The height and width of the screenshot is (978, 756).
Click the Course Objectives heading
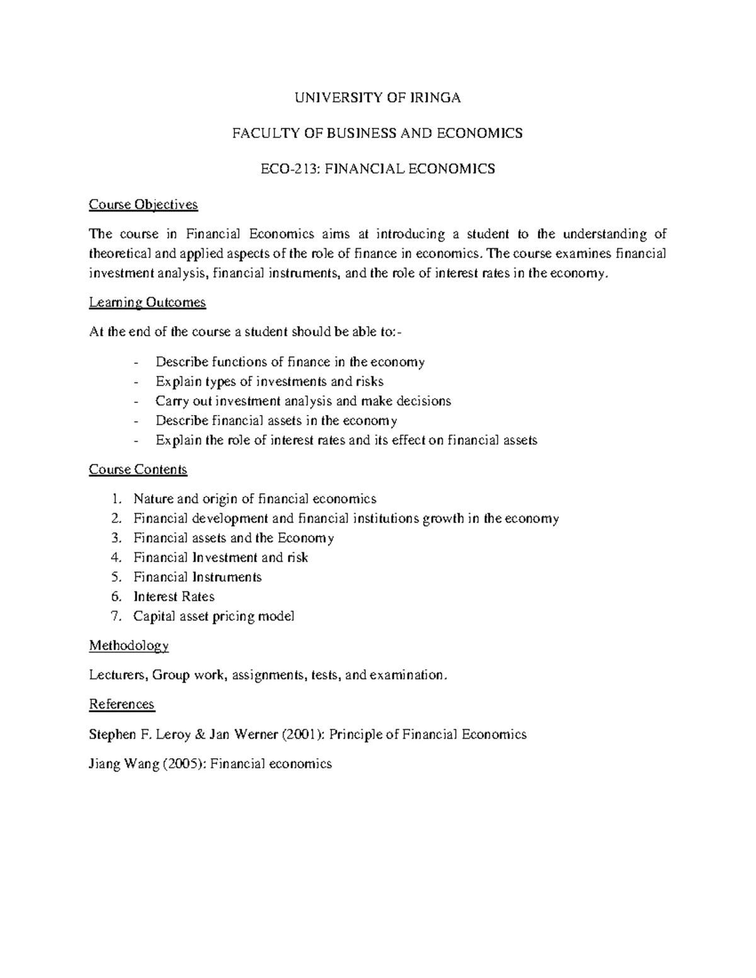pyautogui.click(x=143, y=205)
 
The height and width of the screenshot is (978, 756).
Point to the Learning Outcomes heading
pyautogui.click(x=147, y=303)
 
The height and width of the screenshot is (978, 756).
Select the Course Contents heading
pyautogui.click(x=138, y=470)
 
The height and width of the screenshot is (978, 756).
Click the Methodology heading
pyautogui.click(x=129, y=645)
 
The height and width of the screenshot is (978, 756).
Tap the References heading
pyautogui.click(x=122, y=704)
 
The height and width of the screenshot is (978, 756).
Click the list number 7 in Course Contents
pyautogui.click(x=115, y=617)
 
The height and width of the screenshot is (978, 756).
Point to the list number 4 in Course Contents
pyautogui.click(x=115, y=558)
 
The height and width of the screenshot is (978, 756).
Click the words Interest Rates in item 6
pyautogui.click(x=174, y=597)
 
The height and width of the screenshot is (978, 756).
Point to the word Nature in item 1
pyautogui.click(x=153, y=499)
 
